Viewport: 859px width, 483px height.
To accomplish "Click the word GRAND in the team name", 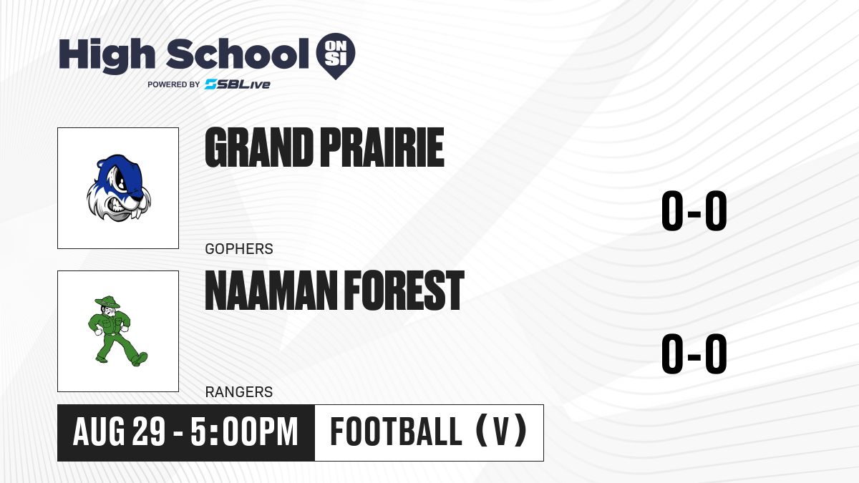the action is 259,147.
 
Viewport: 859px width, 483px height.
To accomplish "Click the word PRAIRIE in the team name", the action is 382,147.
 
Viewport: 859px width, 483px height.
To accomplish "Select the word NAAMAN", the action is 271,291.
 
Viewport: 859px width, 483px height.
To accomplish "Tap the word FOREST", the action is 404,291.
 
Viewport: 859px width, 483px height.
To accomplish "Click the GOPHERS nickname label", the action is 239,249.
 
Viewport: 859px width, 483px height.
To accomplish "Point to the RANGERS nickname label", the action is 239,392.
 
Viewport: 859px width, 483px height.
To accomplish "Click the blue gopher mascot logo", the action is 119,187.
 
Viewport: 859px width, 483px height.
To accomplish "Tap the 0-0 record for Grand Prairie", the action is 694,211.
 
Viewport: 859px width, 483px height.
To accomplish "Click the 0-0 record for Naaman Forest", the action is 694,353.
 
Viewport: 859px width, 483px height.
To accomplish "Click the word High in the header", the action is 107,56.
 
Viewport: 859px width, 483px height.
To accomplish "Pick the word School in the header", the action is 238,54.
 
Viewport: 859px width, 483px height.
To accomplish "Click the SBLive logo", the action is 237,84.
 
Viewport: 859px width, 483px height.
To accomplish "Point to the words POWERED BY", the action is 174,84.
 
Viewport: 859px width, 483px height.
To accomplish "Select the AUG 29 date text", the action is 119,432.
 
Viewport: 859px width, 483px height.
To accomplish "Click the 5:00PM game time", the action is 244,432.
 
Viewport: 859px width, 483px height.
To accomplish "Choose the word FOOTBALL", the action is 396,431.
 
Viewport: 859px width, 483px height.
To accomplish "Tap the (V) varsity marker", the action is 501,431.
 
